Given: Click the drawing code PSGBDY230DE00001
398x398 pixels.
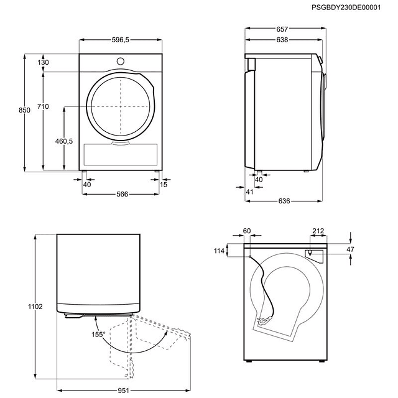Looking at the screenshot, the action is [x=346, y=7].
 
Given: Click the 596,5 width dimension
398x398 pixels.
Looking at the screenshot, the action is [x=121, y=40].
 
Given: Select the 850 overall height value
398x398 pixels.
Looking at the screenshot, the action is [x=24, y=110].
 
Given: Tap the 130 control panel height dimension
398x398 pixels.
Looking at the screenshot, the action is [x=43, y=62].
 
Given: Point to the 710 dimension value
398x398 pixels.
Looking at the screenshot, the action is [x=43, y=106].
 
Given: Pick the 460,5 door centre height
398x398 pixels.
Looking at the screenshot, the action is [x=64, y=141].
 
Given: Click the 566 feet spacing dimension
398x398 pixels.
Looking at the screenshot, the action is [x=123, y=194].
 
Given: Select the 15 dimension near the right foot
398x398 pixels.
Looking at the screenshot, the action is [x=164, y=185].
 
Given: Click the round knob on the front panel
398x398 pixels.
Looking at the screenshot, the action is [x=121, y=61].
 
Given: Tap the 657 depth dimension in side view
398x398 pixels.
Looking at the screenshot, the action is [x=282, y=29].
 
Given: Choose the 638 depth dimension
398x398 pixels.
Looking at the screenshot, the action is [x=282, y=40].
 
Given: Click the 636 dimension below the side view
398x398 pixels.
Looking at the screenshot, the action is [x=284, y=201].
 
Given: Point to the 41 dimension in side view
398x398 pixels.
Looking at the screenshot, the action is [x=250, y=192].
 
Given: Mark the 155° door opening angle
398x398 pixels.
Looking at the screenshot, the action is [x=98, y=335].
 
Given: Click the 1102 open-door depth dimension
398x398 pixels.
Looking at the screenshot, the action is [x=35, y=307].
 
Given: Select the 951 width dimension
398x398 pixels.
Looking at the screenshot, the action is [x=123, y=391].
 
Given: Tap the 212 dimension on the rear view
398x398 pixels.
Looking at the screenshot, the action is [x=318, y=231].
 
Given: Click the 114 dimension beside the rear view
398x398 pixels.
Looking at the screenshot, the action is [x=219, y=251].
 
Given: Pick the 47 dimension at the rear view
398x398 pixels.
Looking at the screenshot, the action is [x=350, y=249].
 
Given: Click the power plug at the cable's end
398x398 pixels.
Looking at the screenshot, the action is [x=263, y=321].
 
